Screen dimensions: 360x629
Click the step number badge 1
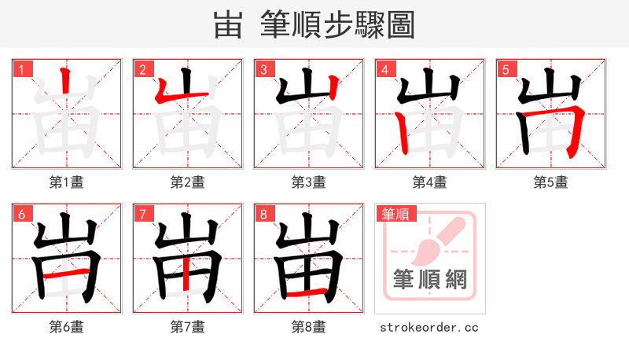[x=20, y=69]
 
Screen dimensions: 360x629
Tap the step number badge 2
[x=142, y=69]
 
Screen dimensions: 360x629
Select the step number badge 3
[x=263, y=69]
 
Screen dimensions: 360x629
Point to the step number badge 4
[x=384, y=69]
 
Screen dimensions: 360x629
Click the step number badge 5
[x=505, y=69]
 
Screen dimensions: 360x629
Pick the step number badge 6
[x=20, y=214]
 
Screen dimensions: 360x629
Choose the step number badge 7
[x=142, y=214]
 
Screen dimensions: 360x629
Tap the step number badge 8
[x=263, y=214]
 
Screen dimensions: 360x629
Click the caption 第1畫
[x=67, y=182]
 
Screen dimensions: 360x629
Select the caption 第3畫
[x=309, y=182]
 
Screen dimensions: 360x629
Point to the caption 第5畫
[x=551, y=182]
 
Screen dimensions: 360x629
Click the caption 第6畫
[x=67, y=327]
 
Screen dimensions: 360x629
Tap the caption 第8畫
[x=309, y=327]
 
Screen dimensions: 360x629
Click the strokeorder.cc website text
[x=429, y=327]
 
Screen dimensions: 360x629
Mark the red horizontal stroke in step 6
[x=66, y=275]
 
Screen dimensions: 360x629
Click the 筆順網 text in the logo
[x=429, y=279]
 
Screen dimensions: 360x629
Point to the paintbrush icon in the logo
[x=435, y=239]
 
